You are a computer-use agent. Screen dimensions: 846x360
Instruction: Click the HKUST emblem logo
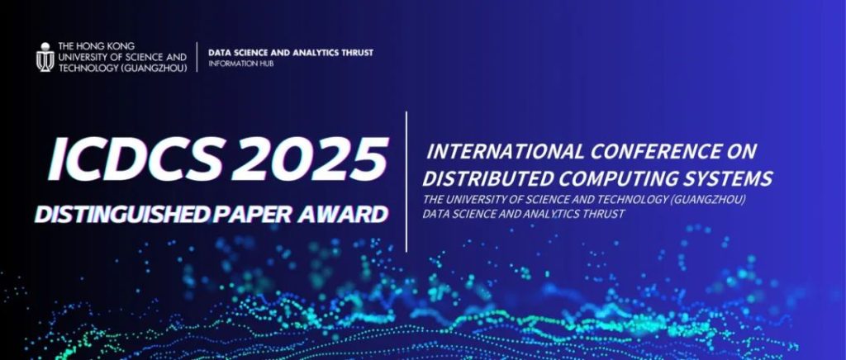(x=45, y=57)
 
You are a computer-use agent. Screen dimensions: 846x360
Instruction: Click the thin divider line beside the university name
(x=197, y=57)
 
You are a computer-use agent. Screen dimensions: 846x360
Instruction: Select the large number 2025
(x=309, y=159)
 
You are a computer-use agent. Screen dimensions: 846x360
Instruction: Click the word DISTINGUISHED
(x=122, y=215)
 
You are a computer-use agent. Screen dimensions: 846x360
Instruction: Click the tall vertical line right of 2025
(x=406, y=182)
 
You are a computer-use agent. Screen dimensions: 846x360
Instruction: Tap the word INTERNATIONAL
(x=506, y=152)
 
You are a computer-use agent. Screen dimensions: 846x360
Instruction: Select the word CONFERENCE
(x=654, y=152)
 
